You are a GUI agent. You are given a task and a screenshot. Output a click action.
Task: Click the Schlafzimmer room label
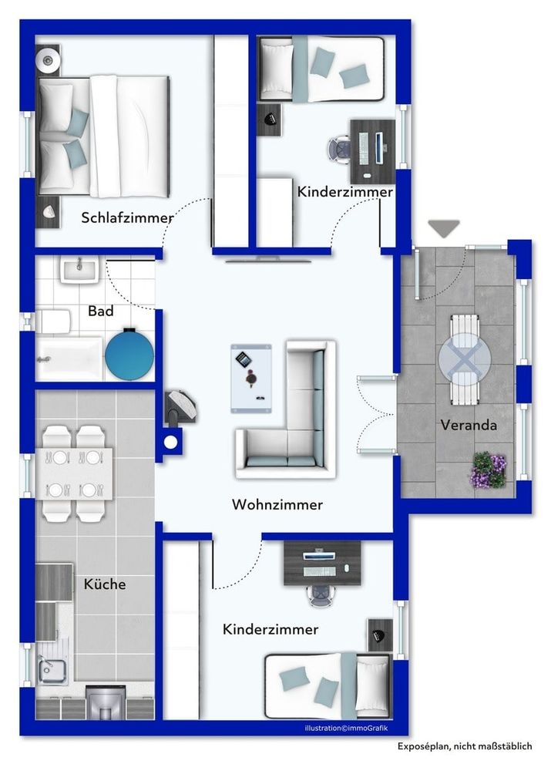click(x=127, y=218)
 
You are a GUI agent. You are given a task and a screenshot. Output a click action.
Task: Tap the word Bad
click(x=101, y=311)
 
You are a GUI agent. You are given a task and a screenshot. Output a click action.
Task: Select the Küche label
click(x=105, y=584)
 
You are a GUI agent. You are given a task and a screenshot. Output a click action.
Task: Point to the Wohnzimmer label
click(x=277, y=504)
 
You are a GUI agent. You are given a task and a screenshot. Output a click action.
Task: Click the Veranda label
click(x=469, y=425)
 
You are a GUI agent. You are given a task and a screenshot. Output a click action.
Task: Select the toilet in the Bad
click(x=54, y=322)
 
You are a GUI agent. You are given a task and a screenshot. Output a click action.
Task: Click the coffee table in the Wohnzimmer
click(x=251, y=379)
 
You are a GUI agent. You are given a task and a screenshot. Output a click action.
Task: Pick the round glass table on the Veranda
click(x=465, y=359)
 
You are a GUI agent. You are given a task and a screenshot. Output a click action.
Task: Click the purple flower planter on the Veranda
click(x=489, y=470)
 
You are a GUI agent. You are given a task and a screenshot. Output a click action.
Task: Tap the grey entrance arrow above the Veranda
click(x=444, y=228)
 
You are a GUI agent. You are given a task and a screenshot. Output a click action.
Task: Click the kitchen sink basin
click(x=52, y=672)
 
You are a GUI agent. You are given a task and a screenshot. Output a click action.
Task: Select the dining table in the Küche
click(x=77, y=474)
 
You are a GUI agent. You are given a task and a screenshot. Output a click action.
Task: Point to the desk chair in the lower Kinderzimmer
click(x=322, y=596)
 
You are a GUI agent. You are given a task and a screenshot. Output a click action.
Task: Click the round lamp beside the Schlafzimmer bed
click(x=48, y=60)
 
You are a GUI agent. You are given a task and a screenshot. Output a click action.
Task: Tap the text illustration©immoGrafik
click(x=346, y=729)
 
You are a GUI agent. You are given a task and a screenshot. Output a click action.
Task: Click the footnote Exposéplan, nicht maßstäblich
click(x=465, y=746)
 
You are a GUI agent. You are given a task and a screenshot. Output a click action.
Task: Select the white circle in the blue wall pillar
click(x=170, y=442)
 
